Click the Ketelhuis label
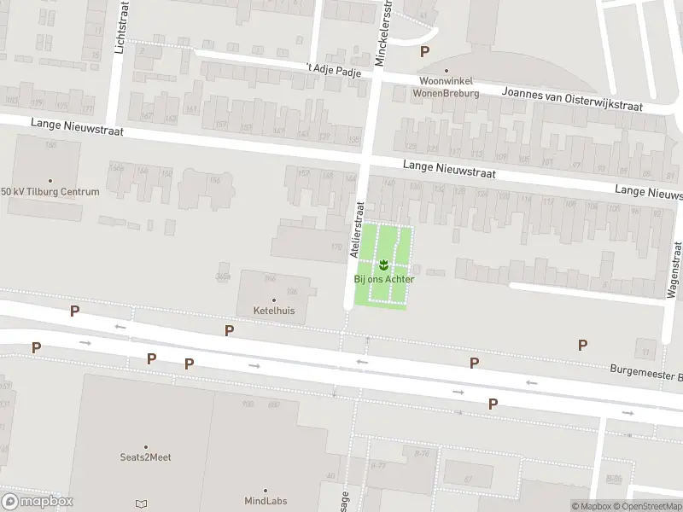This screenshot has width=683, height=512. pos(274,311)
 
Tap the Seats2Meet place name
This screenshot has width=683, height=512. pos(145,457)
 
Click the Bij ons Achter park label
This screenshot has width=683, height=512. pos(384,279)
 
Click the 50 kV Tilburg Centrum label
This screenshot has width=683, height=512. pos(50,191)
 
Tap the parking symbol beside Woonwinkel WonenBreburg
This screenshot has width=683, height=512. pos(424,51)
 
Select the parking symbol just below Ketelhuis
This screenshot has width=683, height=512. pos(229,330)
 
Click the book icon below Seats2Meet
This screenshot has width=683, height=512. pos(141,504)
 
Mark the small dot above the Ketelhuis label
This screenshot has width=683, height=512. pos(274,300)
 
